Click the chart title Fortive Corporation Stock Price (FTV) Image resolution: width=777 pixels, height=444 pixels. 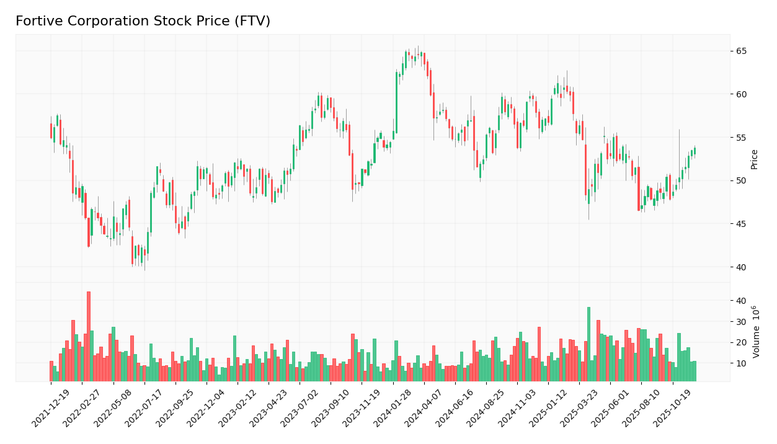143,22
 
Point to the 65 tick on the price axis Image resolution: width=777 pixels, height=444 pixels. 742,51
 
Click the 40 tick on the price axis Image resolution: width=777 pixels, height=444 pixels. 742,267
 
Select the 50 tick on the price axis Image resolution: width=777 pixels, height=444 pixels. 742,180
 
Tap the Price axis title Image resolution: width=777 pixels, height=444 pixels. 755,159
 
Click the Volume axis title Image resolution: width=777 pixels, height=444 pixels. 755,331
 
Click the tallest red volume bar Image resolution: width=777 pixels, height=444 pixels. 89,336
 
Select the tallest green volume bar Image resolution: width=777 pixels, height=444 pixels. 588,344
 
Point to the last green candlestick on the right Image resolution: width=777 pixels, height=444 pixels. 695,151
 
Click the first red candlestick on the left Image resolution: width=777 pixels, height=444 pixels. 51,131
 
